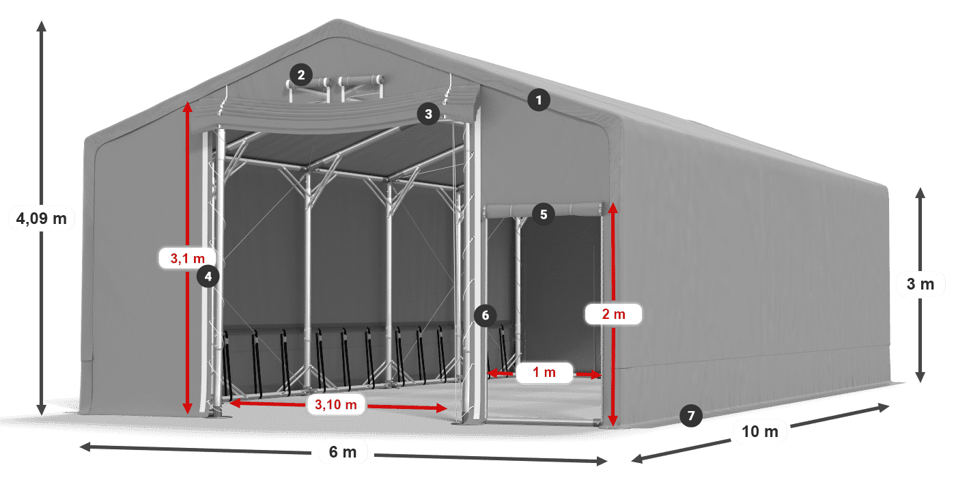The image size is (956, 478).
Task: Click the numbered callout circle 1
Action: click(x=539, y=100)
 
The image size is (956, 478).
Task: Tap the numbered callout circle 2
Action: click(x=301, y=75)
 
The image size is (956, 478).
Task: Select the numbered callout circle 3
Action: click(x=429, y=114)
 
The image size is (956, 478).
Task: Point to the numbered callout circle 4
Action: click(x=208, y=277)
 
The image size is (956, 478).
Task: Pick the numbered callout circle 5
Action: click(x=544, y=214)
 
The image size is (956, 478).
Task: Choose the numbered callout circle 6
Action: click(x=486, y=315)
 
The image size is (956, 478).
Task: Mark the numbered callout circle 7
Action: click(x=691, y=415)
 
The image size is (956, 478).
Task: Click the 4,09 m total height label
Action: click(x=42, y=219)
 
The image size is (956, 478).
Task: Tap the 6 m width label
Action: click(x=343, y=452)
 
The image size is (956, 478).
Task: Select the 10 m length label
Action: click(x=759, y=432)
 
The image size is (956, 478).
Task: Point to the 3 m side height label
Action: click(x=920, y=284)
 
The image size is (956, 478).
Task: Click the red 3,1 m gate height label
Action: click(x=187, y=258)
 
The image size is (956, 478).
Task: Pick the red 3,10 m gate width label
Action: click(x=336, y=404)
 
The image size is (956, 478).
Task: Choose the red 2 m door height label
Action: click(x=613, y=314)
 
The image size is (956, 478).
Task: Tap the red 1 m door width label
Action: click(x=544, y=373)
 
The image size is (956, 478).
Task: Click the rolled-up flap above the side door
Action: click(x=544, y=210)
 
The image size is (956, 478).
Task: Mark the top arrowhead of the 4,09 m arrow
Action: click(x=42, y=26)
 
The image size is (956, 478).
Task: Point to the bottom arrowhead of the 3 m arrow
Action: click(x=920, y=377)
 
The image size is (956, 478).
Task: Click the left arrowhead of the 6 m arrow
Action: click(x=85, y=447)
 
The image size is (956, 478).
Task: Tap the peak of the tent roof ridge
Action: click(x=338, y=20)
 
